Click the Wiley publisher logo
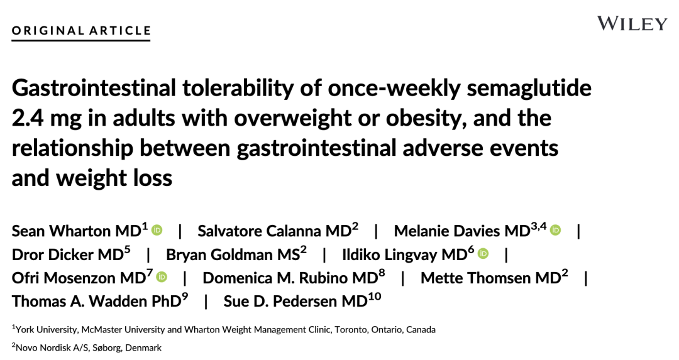coord(632,23)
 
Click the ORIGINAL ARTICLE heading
coord(81,31)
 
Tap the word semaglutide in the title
coord(529,88)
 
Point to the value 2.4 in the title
coord(27,118)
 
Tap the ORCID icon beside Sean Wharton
coord(157,230)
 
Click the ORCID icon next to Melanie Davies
coord(555,230)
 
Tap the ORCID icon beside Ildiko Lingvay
coord(483,254)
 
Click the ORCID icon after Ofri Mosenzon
coord(162,277)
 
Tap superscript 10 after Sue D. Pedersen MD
coord(375,297)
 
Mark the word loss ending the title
coord(152,178)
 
